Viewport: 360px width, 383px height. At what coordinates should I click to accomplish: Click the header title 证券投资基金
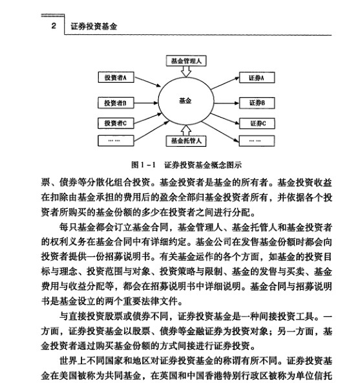[x=94, y=27]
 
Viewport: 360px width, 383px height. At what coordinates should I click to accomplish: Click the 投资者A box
[x=116, y=78]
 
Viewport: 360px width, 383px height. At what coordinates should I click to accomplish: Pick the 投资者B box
[x=116, y=102]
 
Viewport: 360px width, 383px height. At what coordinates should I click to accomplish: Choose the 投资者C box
[x=116, y=122]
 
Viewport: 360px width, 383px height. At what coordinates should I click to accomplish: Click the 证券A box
[x=257, y=78]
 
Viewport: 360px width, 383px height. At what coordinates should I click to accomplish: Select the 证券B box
[x=257, y=102]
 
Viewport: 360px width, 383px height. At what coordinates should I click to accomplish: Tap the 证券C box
[x=257, y=122]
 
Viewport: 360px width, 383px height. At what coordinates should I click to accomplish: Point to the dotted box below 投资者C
[x=116, y=140]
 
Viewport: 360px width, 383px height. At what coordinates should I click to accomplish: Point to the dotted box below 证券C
[x=257, y=140]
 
